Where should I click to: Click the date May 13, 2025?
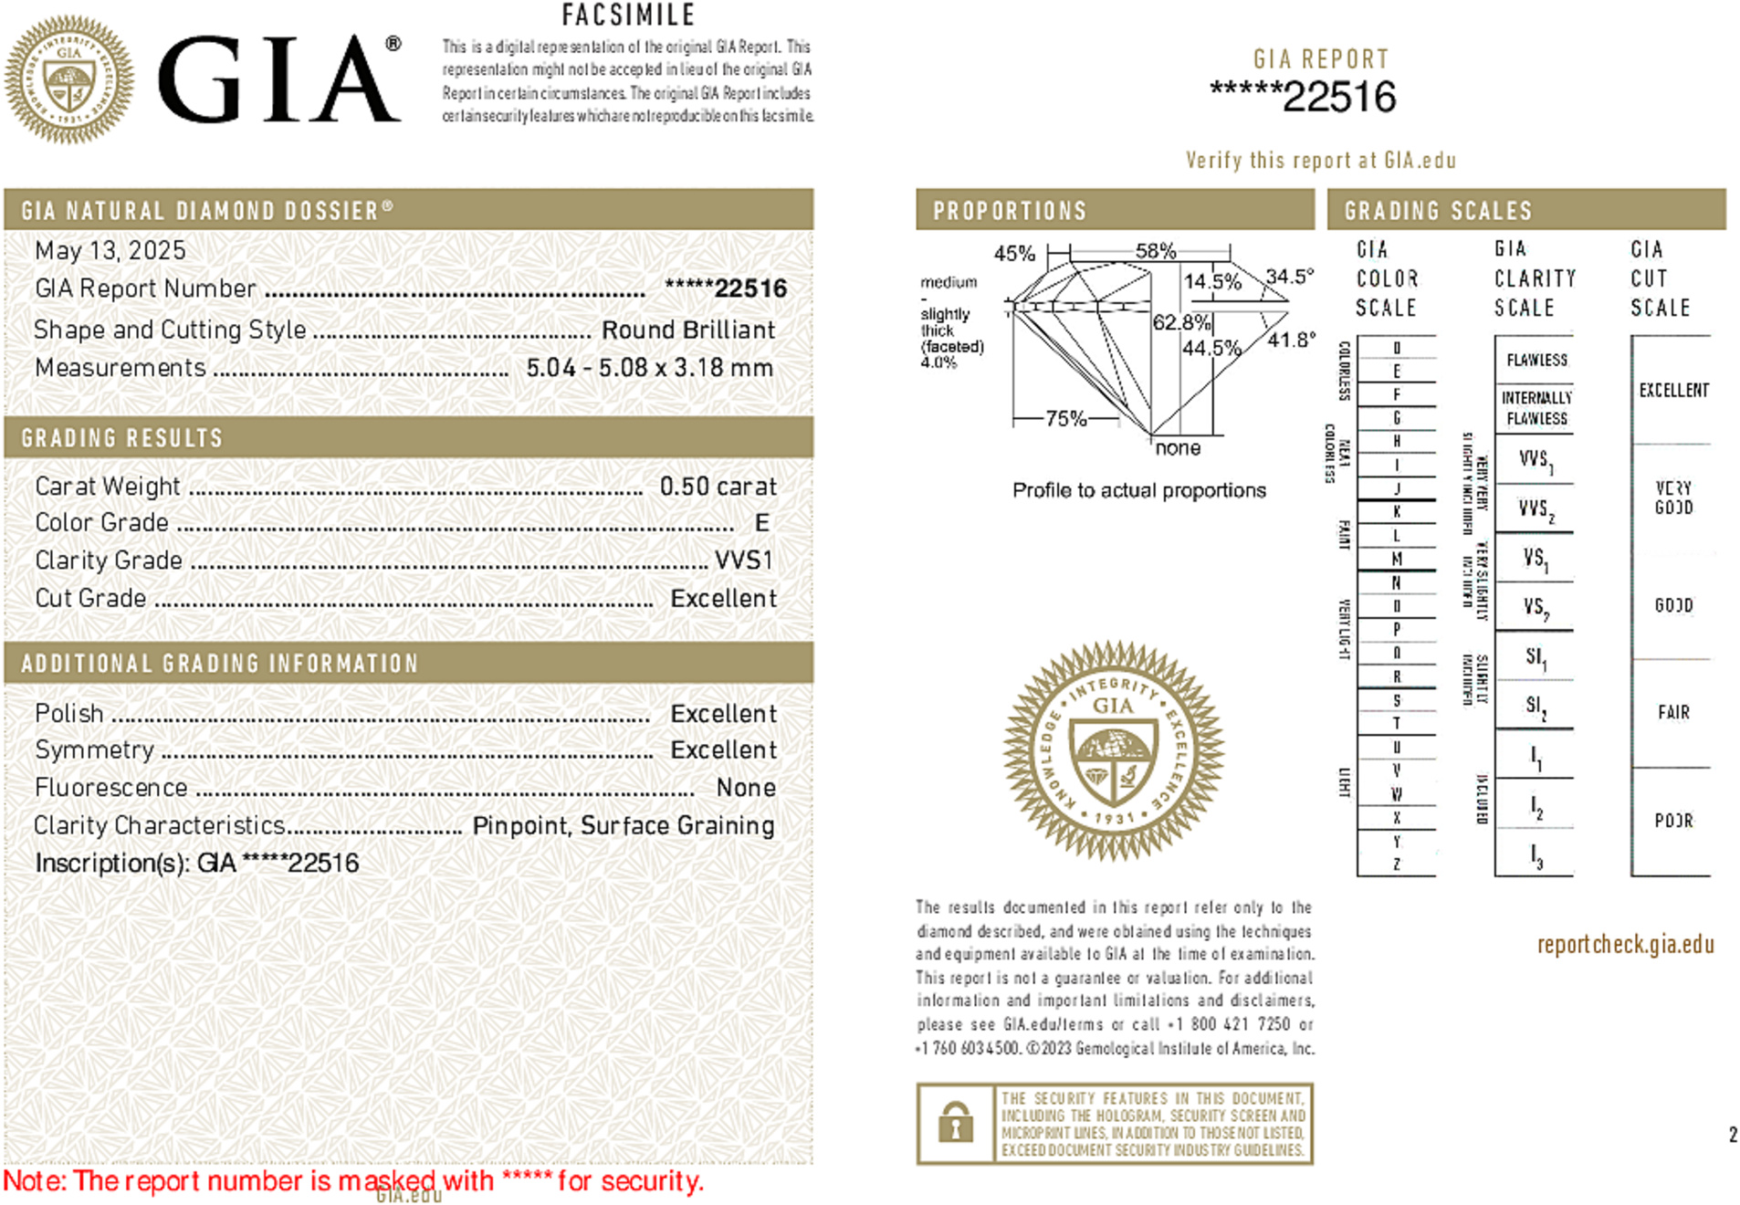tap(110, 250)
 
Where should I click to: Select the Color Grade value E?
tap(762, 522)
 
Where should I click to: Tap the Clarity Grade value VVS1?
tap(744, 560)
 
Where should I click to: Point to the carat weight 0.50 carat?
tap(718, 486)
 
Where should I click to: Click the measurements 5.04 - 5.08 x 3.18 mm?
tap(649, 367)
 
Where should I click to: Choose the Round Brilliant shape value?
tap(687, 330)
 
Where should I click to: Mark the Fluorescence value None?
tap(746, 787)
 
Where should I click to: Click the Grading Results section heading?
tap(121, 438)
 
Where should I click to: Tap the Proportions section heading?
tap(1009, 211)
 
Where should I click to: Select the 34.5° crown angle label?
tap(1289, 277)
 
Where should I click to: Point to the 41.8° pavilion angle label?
tap(1292, 340)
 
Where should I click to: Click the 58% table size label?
tap(1155, 251)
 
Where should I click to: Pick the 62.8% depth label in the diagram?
tap(1181, 322)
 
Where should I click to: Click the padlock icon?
tap(955, 1123)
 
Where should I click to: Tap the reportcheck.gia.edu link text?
tap(1625, 944)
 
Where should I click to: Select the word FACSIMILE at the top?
tap(628, 15)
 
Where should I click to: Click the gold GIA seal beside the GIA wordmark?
tap(68, 79)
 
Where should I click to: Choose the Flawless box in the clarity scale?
tap(1536, 360)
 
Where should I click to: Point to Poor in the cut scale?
tap(1673, 820)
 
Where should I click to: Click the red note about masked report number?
tap(353, 1180)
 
